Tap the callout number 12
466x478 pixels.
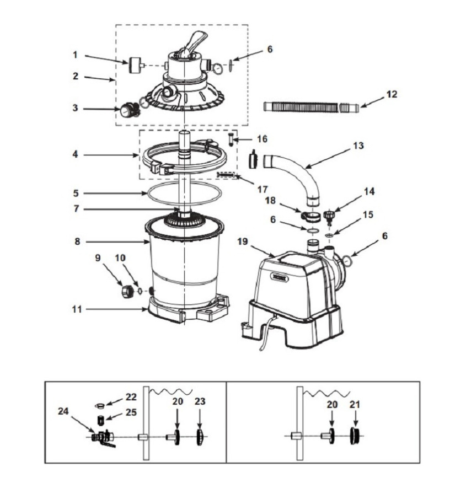point(391,94)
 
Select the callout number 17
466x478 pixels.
point(262,189)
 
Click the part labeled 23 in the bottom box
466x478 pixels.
point(200,436)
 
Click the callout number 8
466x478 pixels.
point(77,241)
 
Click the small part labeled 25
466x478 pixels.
point(101,421)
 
